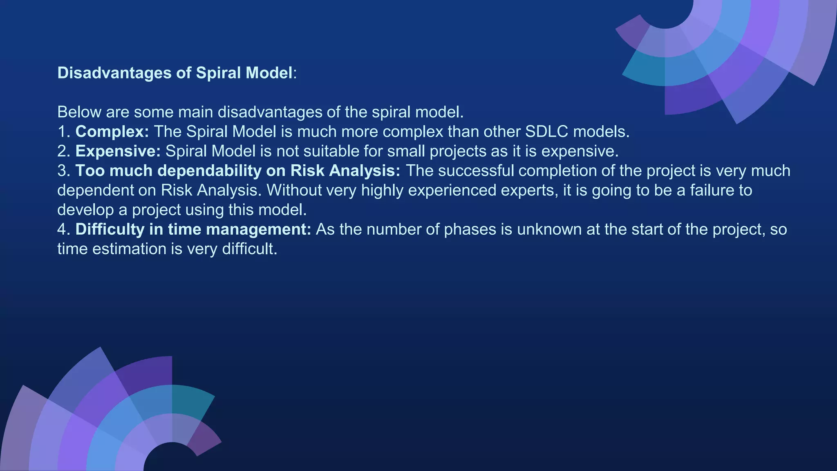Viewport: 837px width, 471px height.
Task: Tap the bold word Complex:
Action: pyautogui.click(x=112, y=132)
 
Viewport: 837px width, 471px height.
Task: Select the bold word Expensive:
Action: pyautogui.click(x=118, y=151)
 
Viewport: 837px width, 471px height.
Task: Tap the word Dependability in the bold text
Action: pyautogui.click(x=210, y=171)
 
